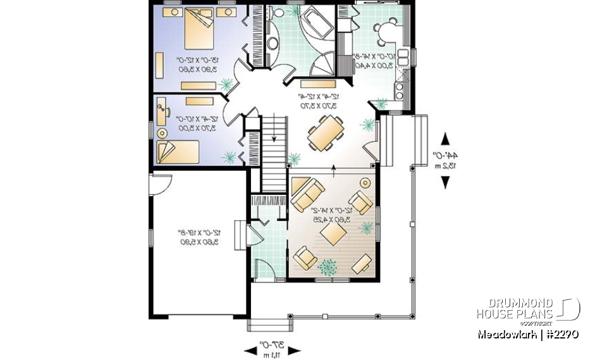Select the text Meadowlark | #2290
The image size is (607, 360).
coord(528,333)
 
